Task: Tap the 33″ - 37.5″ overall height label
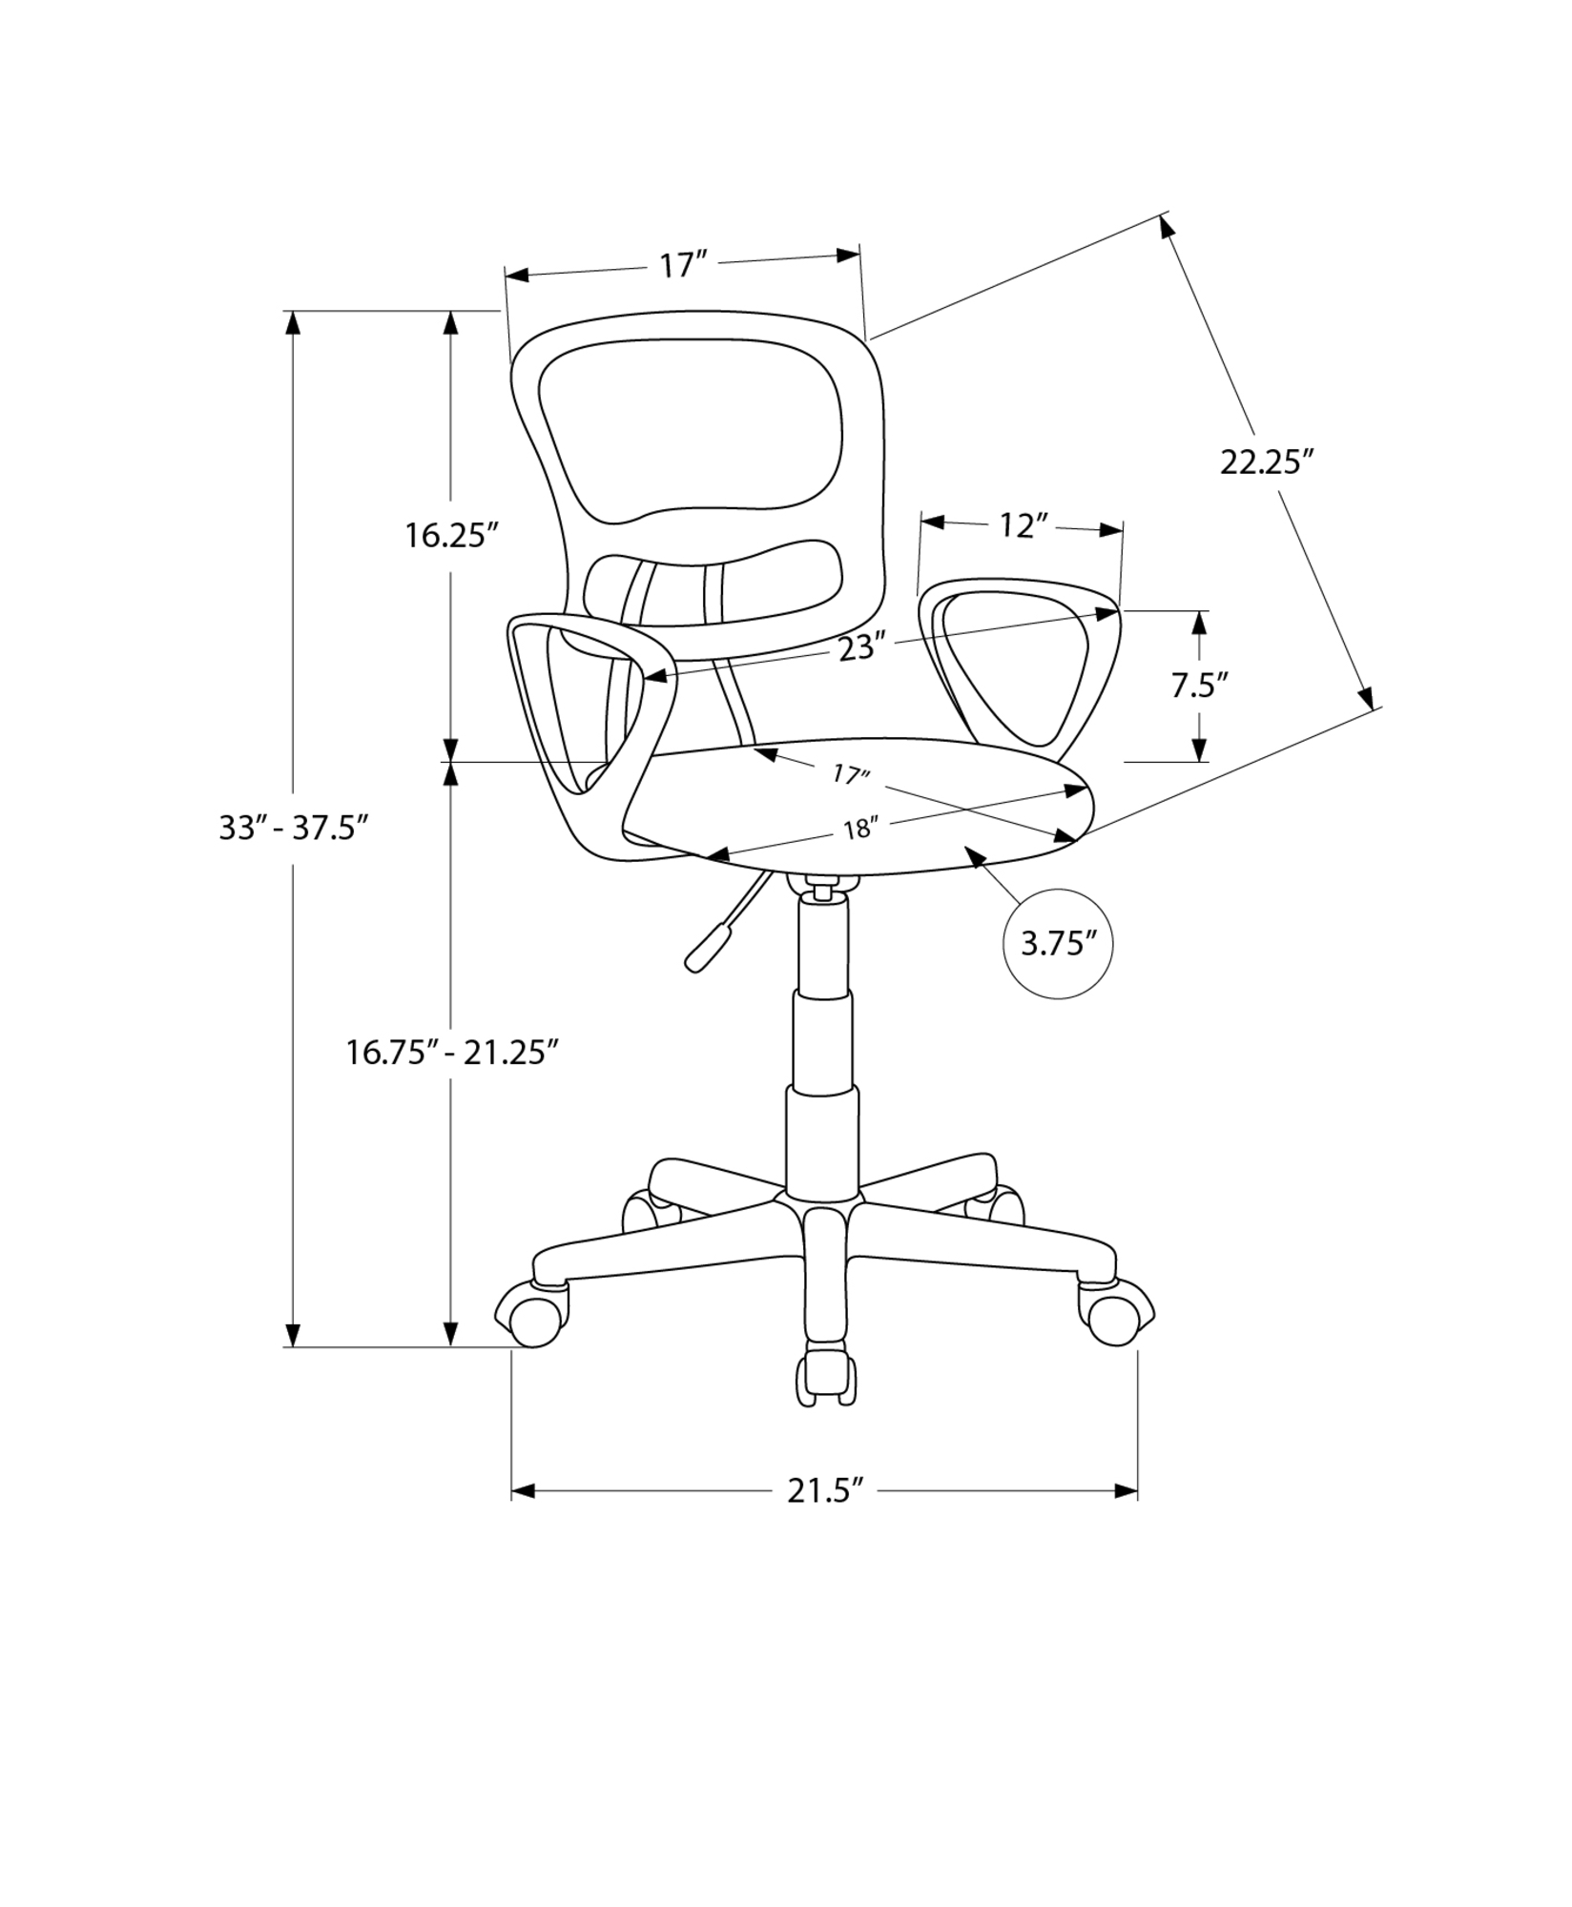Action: click(x=294, y=828)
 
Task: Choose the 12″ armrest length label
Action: click(x=1024, y=525)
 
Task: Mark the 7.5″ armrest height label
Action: click(x=1199, y=685)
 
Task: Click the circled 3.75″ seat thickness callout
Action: click(x=1059, y=944)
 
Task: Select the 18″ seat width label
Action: click(x=858, y=830)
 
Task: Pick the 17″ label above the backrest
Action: click(x=683, y=264)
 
